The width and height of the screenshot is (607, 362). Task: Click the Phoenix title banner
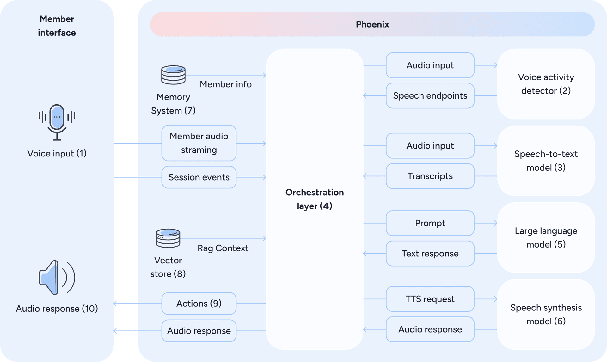tap(372, 24)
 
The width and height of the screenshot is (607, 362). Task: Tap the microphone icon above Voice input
tap(57, 122)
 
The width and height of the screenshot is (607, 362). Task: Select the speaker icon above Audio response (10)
tap(57, 278)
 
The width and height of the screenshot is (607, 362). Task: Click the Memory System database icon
tap(173, 75)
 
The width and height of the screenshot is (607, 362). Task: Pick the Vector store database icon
tap(168, 238)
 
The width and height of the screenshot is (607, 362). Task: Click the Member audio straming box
tap(199, 143)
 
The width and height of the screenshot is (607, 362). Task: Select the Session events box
tap(199, 177)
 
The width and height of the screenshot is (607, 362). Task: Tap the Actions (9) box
tap(199, 304)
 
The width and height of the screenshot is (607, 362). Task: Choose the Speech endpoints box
tap(430, 95)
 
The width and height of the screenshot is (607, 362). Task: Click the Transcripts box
tap(430, 176)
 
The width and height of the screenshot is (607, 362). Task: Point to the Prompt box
tap(430, 223)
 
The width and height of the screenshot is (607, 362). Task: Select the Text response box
tap(430, 254)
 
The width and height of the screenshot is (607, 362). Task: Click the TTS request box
tap(430, 299)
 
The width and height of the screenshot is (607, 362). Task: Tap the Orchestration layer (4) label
tap(315, 199)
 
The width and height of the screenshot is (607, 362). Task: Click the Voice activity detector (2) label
tap(546, 84)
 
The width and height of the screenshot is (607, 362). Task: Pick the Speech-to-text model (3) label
tap(546, 161)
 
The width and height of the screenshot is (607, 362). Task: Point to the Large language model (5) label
tap(546, 237)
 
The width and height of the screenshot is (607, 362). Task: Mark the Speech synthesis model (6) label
tap(546, 314)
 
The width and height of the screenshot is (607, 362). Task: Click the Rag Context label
tap(223, 248)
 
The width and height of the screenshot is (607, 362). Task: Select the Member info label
tap(226, 84)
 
